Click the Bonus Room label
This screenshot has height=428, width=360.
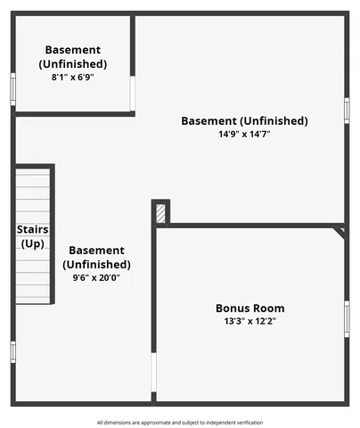click(250, 309)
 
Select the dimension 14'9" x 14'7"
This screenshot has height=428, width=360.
click(244, 134)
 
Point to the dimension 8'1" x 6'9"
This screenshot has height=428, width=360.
click(72, 78)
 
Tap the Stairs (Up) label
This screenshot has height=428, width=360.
click(32, 236)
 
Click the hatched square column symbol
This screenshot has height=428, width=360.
click(161, 213)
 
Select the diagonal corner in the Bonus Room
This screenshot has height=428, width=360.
click(339, 232)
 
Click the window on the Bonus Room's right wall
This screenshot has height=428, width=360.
click(347, 319)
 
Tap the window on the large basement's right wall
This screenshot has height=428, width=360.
click(347, 110)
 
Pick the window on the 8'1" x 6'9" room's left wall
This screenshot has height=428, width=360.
click(12, 89)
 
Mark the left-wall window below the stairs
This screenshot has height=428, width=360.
click(12, 351)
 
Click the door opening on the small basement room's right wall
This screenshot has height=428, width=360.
click(133, 93)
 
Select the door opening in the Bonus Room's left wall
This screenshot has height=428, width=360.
click(153, 374)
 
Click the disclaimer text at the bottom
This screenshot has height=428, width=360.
click(180, 422)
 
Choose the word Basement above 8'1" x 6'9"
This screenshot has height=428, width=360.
click(72, 50)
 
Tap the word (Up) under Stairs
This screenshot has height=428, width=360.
click(32, 243)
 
